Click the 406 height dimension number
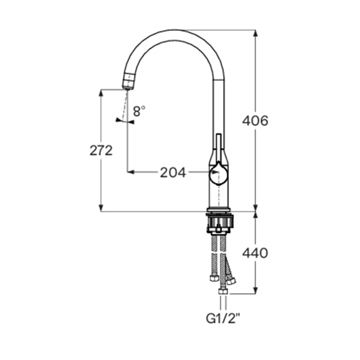click(255, 121)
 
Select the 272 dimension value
click(101, 150)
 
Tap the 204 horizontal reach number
click(173, 173)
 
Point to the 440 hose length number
click(255, 253)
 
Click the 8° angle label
click(139, 111)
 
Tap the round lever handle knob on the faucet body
click(219, 174)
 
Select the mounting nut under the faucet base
click(220, 223)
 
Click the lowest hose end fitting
click(222, 292)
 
